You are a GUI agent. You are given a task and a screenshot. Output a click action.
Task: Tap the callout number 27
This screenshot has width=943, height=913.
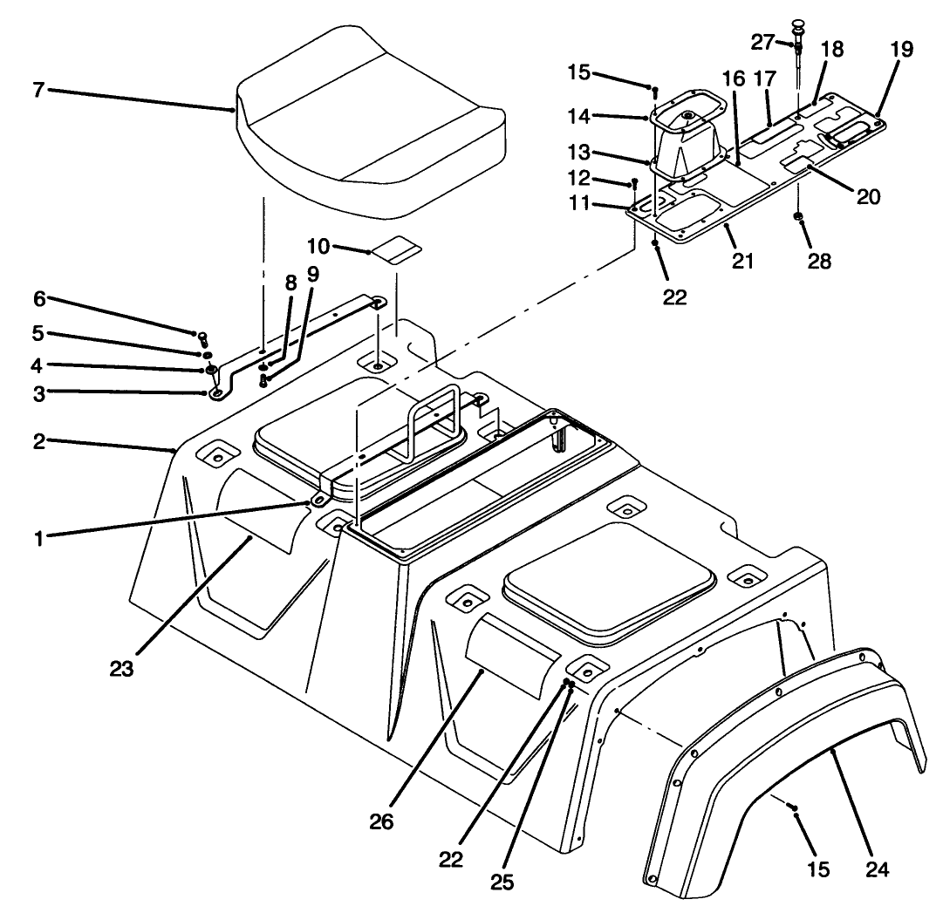tap(763, 41)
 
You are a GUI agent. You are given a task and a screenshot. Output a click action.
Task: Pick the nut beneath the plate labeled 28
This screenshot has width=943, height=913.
tap(799, 215)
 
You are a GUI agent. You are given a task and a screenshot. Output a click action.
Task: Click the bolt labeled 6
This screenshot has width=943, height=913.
tap(202, 337)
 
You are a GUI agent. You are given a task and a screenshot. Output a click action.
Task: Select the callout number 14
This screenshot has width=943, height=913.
tap(605, 114)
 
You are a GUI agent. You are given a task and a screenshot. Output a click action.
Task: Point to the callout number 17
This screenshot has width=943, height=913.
tap(765, 78)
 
